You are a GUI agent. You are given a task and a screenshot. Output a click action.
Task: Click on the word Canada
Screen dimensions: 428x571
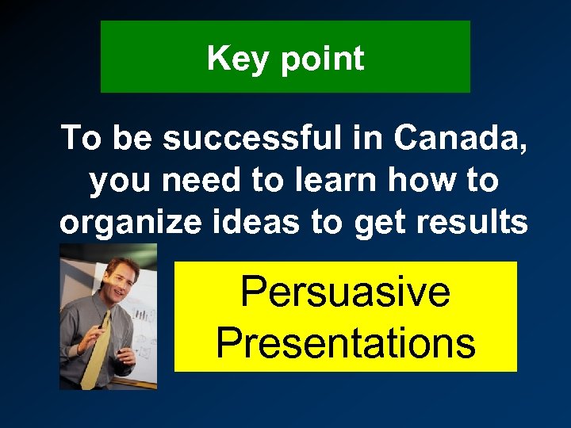point(461,139)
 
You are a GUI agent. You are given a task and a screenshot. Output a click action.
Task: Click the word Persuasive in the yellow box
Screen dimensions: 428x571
point(345,290)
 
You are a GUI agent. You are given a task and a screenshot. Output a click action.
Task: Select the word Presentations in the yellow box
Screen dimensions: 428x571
point(345,342)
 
